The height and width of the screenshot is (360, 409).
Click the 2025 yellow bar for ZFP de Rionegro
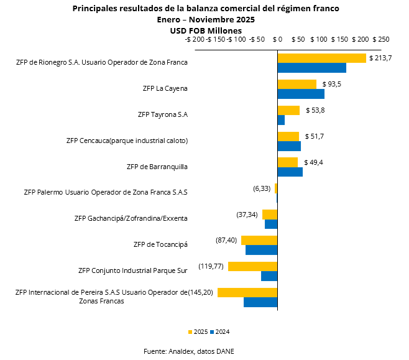pos(321,58)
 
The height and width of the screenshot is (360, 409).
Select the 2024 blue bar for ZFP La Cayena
pos(301,94)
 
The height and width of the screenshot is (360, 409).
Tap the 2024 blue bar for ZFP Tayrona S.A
pos(281,120)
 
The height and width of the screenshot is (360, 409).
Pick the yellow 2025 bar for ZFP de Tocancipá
pos(259,240)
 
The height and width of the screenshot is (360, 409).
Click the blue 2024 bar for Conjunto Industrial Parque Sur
pos(269,276)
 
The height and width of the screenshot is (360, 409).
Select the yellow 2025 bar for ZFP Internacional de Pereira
pos(247,292)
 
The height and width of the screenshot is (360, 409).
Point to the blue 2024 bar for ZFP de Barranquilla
pos(290,172)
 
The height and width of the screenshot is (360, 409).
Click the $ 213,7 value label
pos(380,58)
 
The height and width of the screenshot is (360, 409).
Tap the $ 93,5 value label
pos(331,84)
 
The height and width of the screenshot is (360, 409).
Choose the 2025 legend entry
pos(198,331)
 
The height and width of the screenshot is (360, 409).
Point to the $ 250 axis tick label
pos(380,39)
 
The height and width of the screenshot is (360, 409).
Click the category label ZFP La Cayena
pos(165,88)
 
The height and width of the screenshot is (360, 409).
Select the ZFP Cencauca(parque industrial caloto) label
pos(127,141)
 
